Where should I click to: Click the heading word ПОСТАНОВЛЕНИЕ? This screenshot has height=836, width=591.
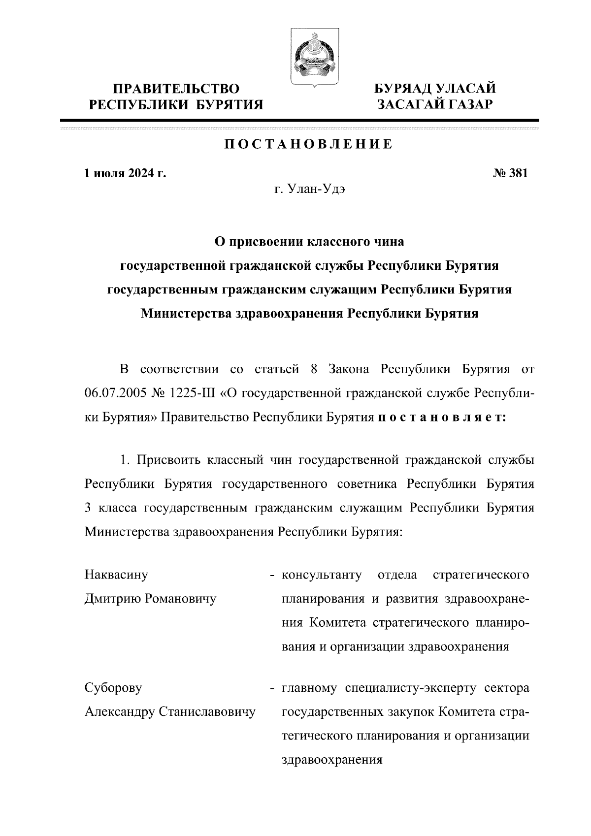click(x=309, y=144)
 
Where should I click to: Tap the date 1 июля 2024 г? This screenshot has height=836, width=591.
click(x=125, y=173)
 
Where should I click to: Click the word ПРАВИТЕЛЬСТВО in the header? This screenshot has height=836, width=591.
click(x=176, y=89)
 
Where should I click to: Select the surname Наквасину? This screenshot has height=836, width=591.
click(x=116, y=575)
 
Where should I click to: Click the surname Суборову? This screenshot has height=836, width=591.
click(x=113, y=688)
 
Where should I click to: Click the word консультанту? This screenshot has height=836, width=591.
click(x=322, y=575)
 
